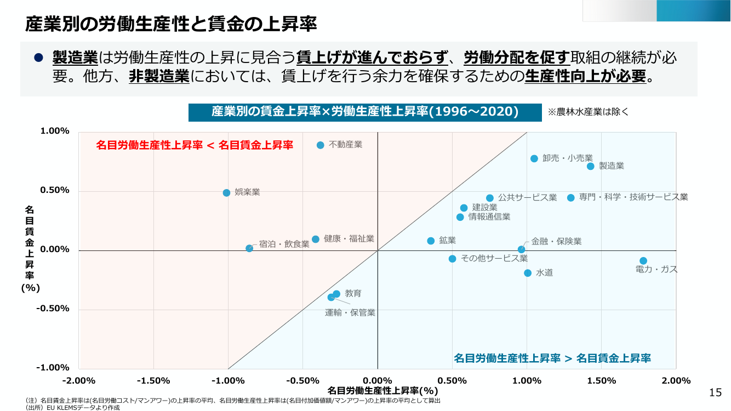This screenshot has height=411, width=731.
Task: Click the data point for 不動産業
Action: click(321, 145)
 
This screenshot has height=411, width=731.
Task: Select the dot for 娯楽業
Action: click(226, 193)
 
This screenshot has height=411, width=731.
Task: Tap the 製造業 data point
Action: click(590, 167)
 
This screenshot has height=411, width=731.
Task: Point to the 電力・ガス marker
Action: click(643, 261)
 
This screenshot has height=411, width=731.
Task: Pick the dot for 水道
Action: click(528, 273)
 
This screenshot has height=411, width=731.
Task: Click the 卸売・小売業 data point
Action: click(534, 159)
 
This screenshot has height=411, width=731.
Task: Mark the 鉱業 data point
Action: click(431, 241)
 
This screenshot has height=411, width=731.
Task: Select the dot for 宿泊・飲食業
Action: click(249, 248)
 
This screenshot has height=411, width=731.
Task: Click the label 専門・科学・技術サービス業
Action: click(633, 197)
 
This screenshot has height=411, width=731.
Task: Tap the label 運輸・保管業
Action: click(350, 313)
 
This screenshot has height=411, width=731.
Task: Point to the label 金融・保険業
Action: click(556, 242)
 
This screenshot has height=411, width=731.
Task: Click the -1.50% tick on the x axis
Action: click(153, 381)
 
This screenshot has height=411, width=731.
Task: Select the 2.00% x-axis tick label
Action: click(676, 381)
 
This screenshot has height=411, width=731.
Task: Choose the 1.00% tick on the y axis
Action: click(55, 131)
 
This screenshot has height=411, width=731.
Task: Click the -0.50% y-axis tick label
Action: click(53, 309)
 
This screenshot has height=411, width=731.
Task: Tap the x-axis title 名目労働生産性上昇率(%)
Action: click(382, 390)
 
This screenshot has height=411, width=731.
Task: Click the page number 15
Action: click(715, 392)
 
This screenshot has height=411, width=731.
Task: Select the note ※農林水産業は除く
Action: click(588, 112)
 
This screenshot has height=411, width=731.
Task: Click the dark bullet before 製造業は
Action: click(38, 58)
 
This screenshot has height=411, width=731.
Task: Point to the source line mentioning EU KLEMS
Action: click(72, 408)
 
